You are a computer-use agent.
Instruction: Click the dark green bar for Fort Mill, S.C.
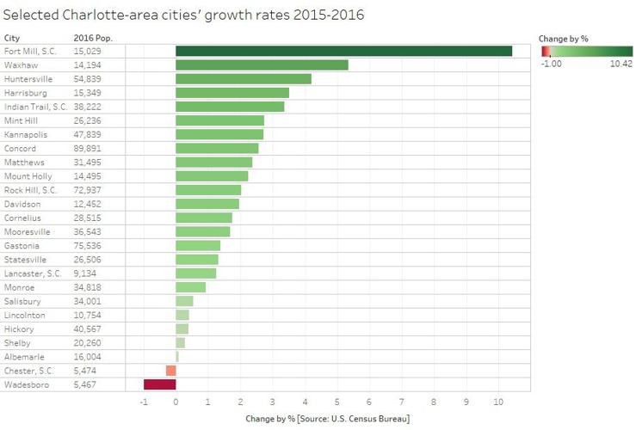(x=343, y=51)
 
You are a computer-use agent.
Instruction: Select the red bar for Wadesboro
(x=159, y=384)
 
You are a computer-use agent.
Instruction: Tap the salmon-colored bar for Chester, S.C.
(x=170, y=371)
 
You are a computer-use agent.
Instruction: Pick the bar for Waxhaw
(x=262, y=64)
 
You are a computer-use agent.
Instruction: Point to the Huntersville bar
(x=244, y=79)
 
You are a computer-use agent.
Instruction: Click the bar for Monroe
(x=190, y=287)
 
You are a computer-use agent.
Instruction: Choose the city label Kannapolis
(x=26, y=134)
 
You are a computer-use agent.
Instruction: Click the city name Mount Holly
(x=28, y=176)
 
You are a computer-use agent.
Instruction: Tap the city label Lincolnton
(x=25, y=315)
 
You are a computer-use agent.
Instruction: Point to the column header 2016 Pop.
(x=93, y=38)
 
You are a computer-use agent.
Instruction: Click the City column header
(x=12, y=38)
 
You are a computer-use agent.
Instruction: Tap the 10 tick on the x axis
(x=497, y=402)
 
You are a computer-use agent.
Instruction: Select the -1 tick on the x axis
(x=142, y=402)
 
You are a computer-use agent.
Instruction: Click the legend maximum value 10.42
(x=621, y=63)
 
